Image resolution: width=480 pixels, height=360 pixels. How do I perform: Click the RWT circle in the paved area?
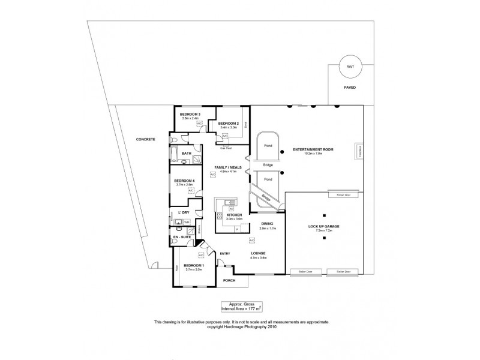349,67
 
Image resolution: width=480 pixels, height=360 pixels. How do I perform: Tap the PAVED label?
349,87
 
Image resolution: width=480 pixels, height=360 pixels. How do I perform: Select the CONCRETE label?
145,139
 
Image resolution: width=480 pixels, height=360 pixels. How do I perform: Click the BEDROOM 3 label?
190,114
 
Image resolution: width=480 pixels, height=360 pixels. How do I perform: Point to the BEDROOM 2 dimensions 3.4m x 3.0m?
229,127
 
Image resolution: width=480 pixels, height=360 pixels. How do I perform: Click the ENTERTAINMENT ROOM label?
313,149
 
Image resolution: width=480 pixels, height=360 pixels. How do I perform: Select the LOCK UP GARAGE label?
323,226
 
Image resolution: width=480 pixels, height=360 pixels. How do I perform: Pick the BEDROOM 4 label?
184,181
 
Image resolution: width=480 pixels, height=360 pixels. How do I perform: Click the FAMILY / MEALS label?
226,167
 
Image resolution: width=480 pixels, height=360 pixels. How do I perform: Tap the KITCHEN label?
234,214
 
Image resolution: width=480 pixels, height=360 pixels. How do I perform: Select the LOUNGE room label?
259,253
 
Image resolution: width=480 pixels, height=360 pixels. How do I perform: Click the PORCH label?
229,280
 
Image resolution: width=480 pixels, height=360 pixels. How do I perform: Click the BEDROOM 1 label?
194,265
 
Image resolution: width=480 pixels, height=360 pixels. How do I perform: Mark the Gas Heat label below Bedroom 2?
226,147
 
